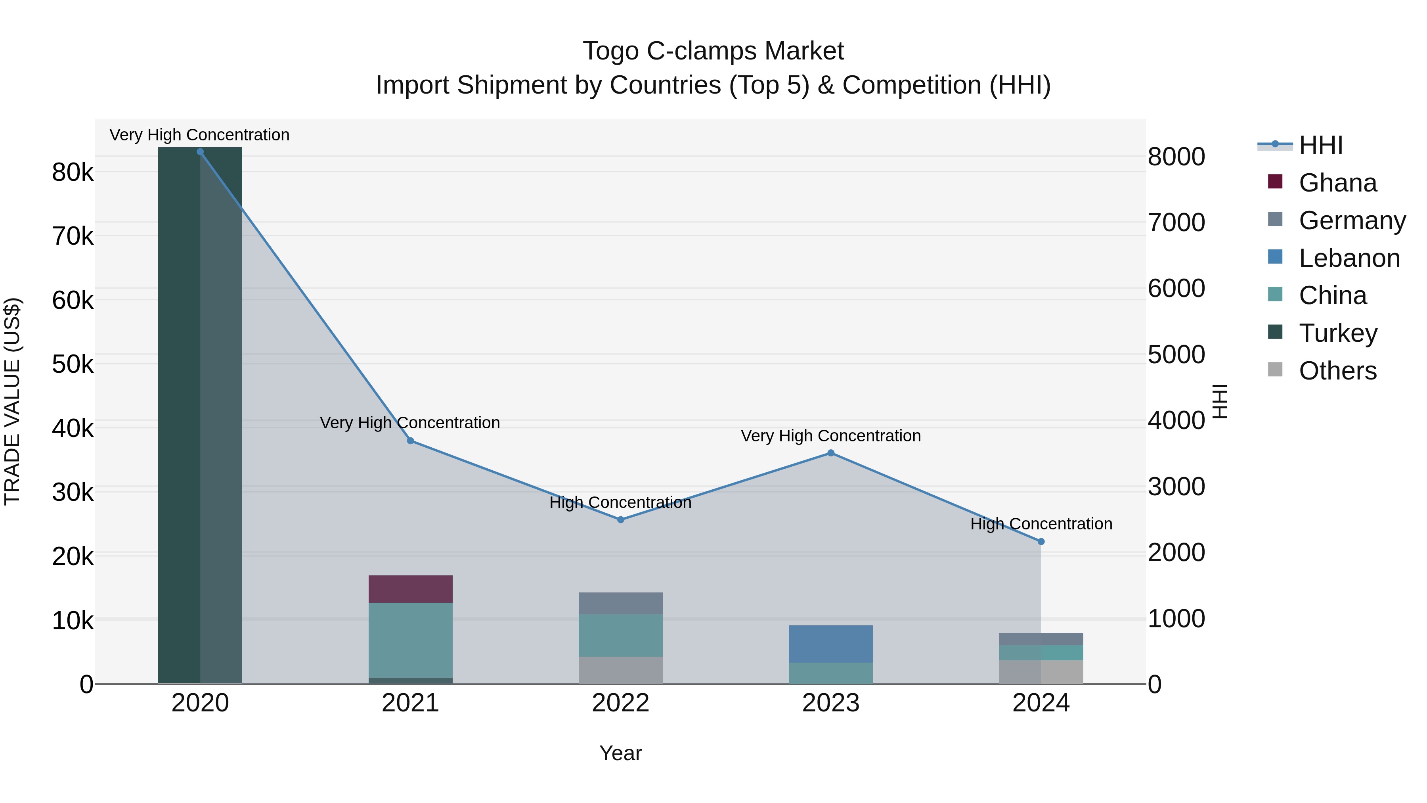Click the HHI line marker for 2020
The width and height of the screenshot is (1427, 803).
[200, 152]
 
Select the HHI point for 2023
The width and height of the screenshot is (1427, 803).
[830, 453]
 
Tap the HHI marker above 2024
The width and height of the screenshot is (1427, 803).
[1041, 541]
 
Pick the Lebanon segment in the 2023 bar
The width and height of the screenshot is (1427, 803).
[830, 644]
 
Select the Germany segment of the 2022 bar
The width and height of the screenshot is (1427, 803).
[620, 603]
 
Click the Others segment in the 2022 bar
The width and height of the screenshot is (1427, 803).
[620, 670]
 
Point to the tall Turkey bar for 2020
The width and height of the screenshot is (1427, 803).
[200, 416]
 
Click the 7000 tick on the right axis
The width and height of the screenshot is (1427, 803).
[1176, 222]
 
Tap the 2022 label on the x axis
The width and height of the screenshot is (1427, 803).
[620, 703]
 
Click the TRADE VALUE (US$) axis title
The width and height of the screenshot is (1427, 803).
[12, 401]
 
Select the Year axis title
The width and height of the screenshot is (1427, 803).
[620, 753]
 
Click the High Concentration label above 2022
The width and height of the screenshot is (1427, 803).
[620, 503]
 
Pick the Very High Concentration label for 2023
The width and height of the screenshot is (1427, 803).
[830, 436]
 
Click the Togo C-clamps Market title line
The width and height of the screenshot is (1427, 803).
[713, 51]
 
